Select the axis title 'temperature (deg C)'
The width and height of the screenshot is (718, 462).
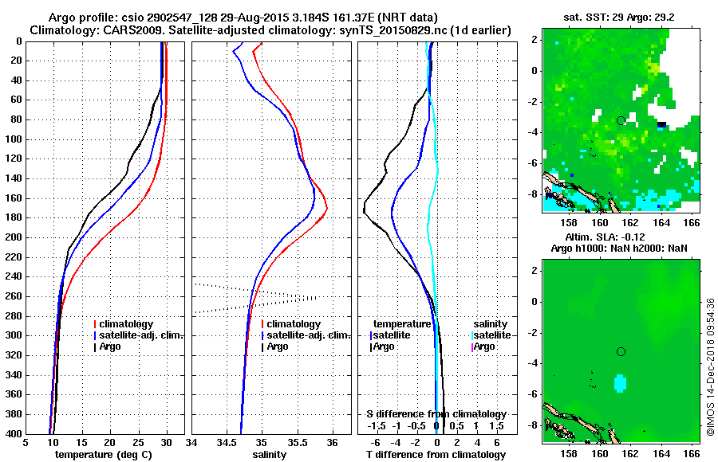point(103,455)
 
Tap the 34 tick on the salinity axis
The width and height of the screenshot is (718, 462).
point(192,442)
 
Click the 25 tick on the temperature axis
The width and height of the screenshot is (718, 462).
point(138,442)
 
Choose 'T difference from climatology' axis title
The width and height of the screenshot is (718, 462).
point(436,455)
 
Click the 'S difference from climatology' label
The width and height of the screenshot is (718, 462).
point(436,414)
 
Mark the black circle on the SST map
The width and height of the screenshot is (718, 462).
point(621,120)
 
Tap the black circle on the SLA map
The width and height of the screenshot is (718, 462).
point(621,351)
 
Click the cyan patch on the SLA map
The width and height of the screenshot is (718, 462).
point(620,384)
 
